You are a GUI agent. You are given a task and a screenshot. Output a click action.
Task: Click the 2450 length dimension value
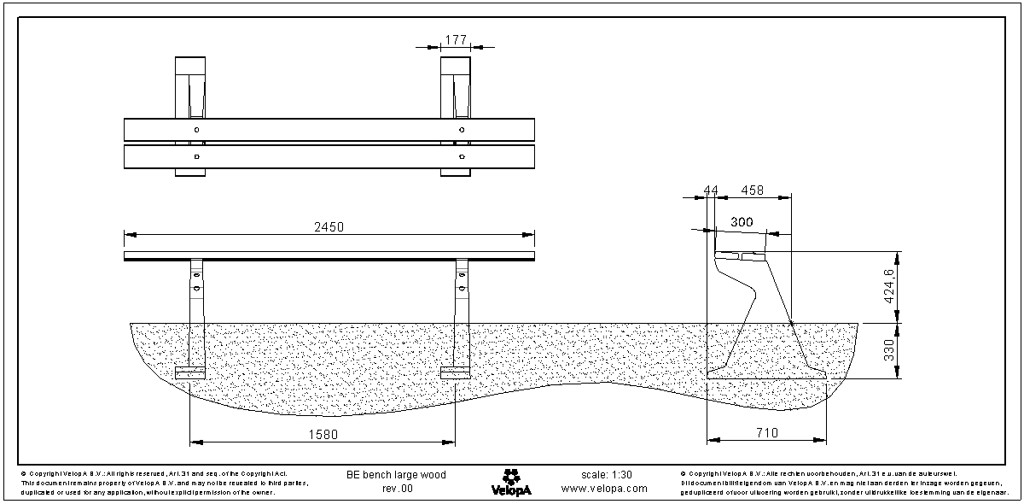pos(329,226)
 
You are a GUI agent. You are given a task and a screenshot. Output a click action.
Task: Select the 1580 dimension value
pos(323,434)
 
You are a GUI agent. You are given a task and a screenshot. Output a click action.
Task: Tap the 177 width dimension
pos(456,39)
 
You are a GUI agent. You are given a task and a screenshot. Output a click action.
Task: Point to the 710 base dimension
pos(766,434)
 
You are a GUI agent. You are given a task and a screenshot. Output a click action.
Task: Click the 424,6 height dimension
pos(889,286)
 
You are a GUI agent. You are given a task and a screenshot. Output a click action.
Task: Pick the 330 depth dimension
pos(889,350)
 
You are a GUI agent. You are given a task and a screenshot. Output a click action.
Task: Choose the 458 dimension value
pos(753,190)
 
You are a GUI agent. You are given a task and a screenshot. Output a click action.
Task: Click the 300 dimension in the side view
pos(742,222)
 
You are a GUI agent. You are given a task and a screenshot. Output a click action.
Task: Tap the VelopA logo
pos(511,481)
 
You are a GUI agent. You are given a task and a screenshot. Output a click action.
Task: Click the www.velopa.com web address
pos(604,489)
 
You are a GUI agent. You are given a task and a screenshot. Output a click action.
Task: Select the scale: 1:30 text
pos(606,474)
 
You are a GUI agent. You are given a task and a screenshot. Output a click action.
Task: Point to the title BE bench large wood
pos(396,474)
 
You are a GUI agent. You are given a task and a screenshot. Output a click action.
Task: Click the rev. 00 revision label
pos(396,489)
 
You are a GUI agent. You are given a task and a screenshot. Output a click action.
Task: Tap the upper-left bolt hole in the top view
pos(197,129)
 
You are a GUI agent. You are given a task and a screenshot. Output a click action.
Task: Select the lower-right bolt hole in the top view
pos(462,157)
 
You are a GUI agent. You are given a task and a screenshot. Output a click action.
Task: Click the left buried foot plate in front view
pos(190,373)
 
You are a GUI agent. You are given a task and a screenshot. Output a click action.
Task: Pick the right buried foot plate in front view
pos(456,373)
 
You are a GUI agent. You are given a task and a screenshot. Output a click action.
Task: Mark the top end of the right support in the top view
pos(456,67)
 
